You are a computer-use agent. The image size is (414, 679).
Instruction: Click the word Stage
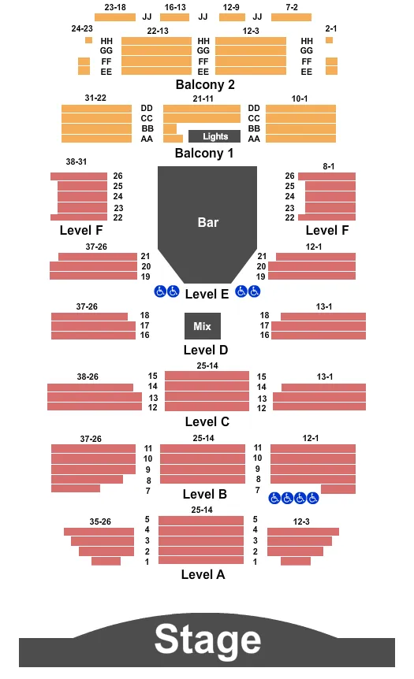coord(207,640)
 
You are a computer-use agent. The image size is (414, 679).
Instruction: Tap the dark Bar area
coord(207,222)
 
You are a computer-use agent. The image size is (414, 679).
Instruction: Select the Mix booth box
coord(203,326)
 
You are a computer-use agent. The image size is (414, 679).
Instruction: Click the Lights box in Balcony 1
coord(214,136)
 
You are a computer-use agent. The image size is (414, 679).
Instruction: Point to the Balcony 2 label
coord(205,84)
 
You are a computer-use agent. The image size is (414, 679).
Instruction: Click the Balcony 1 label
coord(204,153)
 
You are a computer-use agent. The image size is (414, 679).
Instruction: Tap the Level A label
coord(203,574)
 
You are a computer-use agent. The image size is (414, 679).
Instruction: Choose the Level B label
coord(204,494)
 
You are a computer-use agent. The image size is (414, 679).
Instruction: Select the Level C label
coord(207,421)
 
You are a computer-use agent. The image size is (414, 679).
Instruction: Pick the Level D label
coord(205,350)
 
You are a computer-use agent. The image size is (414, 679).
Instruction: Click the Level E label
coord(207,293)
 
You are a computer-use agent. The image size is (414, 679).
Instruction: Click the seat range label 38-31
coord(76,161)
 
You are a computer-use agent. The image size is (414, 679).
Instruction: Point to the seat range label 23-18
coord(114,7)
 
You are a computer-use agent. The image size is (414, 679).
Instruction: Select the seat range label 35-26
coord(100,521)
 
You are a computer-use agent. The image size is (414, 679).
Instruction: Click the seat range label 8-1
coord(329,165)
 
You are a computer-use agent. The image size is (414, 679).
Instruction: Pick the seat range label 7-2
coord(291,7)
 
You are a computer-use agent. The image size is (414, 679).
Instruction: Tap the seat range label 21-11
coord(203,98)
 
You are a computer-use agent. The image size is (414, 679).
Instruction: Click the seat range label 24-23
coord(81,28)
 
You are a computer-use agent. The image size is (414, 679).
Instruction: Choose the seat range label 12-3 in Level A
coord(300,521)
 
